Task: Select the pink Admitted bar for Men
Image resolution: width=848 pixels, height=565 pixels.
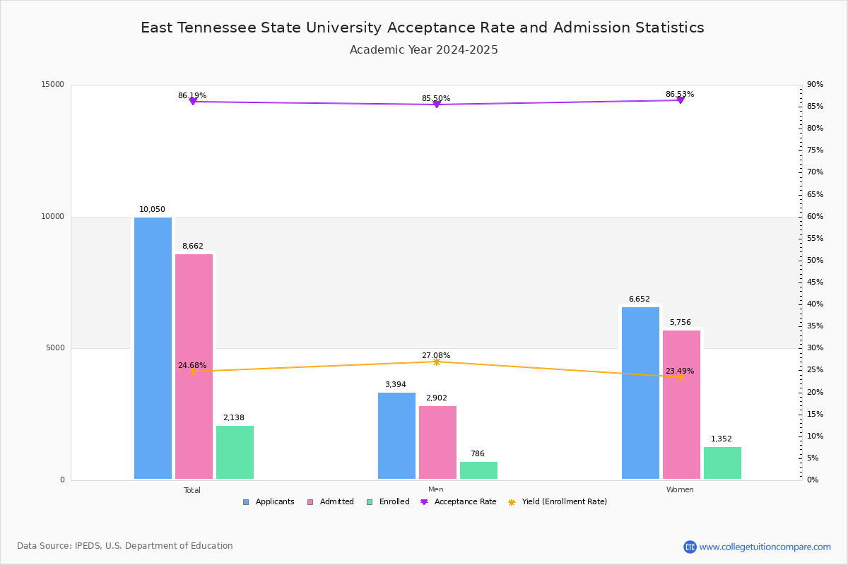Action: [x=437, y=442]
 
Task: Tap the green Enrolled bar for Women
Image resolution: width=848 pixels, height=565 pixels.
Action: [x=722, y=463]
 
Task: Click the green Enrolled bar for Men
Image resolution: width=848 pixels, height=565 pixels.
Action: [x=478, y=470]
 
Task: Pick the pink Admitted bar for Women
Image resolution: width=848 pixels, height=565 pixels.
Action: [x=681, y=404]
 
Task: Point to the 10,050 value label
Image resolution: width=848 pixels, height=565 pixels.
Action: [x=152, y=210]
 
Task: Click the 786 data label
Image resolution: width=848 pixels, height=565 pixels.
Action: [x=478, y=454]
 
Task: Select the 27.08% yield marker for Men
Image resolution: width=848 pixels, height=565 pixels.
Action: [x=436, y=362]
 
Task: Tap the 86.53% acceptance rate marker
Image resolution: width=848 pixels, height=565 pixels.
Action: [x=680, y=100]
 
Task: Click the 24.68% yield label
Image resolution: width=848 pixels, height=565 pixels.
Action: [x=192, y=366]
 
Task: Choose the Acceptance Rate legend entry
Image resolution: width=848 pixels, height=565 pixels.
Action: [x=459, y=502]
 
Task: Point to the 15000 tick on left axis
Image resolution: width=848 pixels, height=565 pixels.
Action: [x=54, y=85]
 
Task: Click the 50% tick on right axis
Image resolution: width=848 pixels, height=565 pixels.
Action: [x=815, y=261]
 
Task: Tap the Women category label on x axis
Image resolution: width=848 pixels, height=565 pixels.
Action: [x=680, y=490]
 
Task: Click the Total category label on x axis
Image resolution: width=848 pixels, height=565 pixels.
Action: [x=192, y=490]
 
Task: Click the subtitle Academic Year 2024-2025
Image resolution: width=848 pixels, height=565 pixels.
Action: [x=423, y=50]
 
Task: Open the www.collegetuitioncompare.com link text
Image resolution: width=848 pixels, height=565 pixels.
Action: [x=765, y=547]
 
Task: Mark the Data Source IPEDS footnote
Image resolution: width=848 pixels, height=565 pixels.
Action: [x=125, y=546]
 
